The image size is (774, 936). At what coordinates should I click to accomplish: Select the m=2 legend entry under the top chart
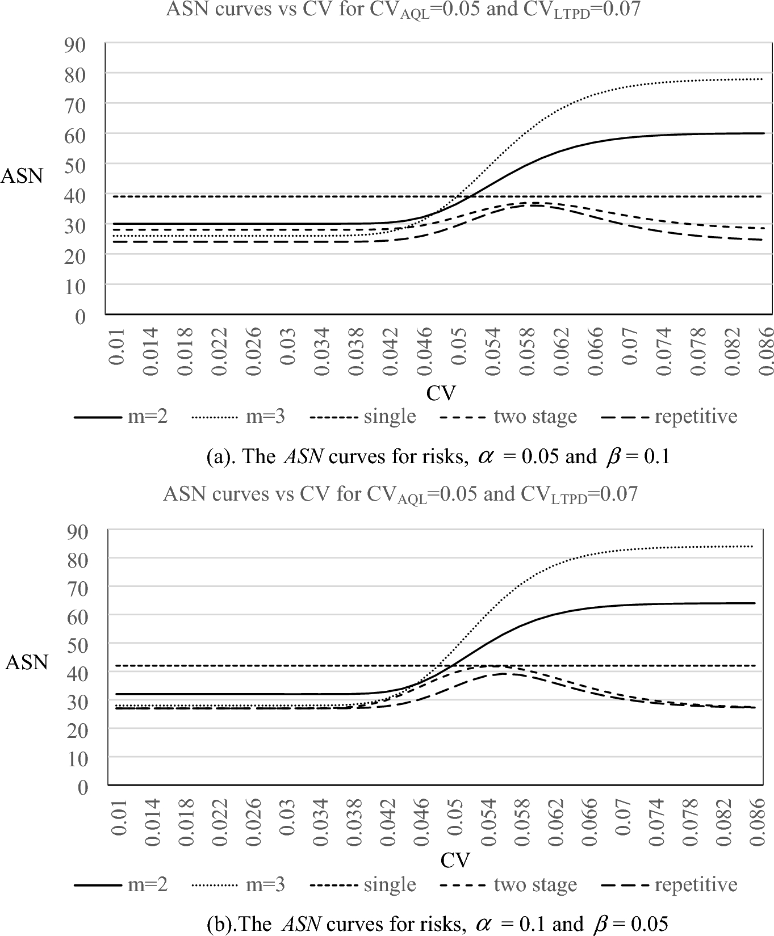pos(121,417)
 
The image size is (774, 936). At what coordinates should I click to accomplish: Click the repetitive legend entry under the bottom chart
pos(670,884)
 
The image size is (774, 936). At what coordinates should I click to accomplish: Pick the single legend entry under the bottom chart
pos(363,884)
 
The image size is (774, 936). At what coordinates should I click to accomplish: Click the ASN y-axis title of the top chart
pos(22,176)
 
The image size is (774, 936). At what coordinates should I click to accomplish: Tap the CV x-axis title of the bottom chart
pos(455,861)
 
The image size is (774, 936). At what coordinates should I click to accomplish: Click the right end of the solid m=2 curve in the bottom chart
pos(755,603)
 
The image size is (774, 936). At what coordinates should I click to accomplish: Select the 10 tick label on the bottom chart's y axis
pos(78,758)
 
